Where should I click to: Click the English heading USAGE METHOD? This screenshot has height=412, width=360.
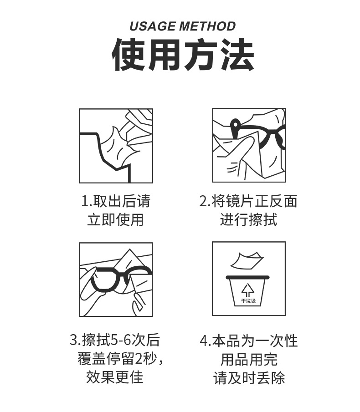(x=182, y=26)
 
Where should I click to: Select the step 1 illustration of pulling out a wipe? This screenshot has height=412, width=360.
(x=116, y=146)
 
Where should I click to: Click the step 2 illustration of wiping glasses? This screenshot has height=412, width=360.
(x=249, y=146)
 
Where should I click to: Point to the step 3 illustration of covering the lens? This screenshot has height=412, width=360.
(x=116, y=279)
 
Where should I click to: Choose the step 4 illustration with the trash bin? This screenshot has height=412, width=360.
(x=249, y=279)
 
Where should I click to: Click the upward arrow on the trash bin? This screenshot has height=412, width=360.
(x=248, y=290)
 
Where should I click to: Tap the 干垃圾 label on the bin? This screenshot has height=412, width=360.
(x=248, y=301)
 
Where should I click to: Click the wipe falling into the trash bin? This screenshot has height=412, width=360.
(x=247, y=261)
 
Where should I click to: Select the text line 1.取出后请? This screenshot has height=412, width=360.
(x=116, y=201)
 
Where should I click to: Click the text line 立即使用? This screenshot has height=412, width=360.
(x=116, y=220)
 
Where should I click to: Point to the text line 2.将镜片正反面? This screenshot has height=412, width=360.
(x=248, y=201)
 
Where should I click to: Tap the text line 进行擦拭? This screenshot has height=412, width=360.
(x=248, y=220)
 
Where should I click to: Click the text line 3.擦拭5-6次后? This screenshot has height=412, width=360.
(x=115, y=340)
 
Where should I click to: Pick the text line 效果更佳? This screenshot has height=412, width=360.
(x=115, y=377)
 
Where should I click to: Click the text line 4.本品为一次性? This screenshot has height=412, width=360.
(x=249, y=340)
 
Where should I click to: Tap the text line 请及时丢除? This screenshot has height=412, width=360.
(x=249, y=378)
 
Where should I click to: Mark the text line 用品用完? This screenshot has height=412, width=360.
(x=249, y=359)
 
